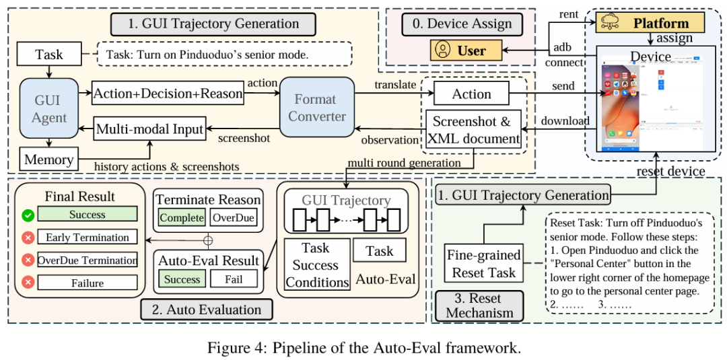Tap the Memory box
(x=48, y=159)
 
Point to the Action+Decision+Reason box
(x=168, y=94)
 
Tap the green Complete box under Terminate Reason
(x=181, y=218)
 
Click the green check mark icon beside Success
(x=28, y=215)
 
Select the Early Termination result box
(x=88, y=238)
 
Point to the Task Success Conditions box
(x=315, y=265)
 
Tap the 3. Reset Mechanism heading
(x=479, y=305)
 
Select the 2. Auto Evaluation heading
(x=207, y=310)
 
